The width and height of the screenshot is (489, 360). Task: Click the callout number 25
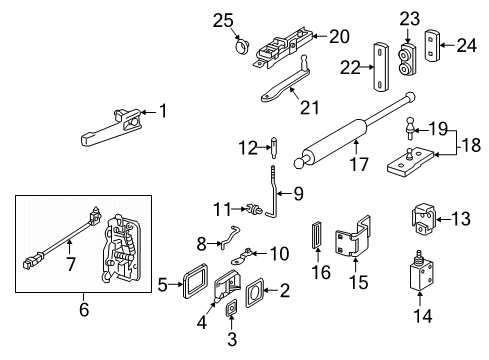click(x=223, y=21)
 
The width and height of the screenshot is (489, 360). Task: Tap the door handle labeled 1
click(x=110, y=128)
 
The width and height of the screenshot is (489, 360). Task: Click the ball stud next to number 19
click(x=410, y=128)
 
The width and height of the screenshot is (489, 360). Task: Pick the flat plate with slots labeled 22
click(x=381, y=66)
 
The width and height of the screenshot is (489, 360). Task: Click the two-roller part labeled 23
click(x=407, y=59)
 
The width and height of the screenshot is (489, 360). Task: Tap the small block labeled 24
click(x=432, y=46)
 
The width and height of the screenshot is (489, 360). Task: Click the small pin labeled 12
click(x=275, y=147)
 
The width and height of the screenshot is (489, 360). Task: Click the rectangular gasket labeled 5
click(x=195, y=281)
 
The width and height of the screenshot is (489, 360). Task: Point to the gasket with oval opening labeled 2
click(x=255, y=293)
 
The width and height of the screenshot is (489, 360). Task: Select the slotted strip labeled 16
click(x=317, y=235)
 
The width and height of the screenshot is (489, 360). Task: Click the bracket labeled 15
click(x=353, y=237)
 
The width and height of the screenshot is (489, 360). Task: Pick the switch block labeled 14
click(x=422, y=273)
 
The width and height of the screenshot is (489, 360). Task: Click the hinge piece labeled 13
click(x=423, y=219)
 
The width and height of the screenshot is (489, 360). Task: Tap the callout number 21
click(x=309, y=107)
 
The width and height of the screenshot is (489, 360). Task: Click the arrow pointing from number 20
click(x=320, y=36)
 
